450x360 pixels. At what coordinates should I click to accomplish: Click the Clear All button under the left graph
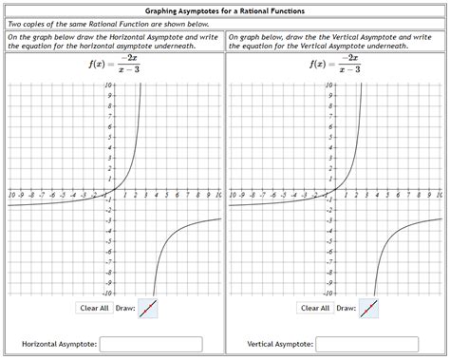point(94,308)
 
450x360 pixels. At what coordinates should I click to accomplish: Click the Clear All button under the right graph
point(314,308)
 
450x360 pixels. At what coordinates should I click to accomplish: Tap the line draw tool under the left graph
point(147,309)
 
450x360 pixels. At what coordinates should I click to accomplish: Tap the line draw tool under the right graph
point(369,309)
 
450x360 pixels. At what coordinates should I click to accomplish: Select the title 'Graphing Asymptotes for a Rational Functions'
point(224,9)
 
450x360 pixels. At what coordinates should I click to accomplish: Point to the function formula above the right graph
point(334,65)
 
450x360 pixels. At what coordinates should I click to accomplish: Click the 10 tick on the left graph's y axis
point(109,85)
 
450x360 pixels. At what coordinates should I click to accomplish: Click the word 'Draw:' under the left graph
point(125,309)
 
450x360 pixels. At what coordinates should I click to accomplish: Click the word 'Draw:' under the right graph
point(346,309)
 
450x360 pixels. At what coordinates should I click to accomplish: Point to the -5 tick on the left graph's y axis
point(110,241)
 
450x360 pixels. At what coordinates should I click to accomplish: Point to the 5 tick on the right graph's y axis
point(332,138)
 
